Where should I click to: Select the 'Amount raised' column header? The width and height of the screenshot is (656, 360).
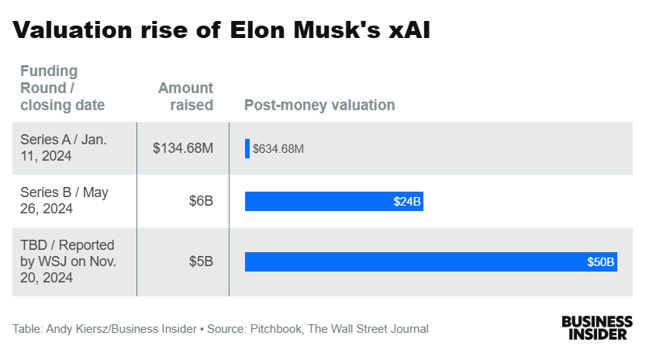[x=185, y=96]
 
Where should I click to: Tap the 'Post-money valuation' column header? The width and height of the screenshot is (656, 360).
[x=319, y=105]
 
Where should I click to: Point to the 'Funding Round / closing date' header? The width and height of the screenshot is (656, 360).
[x=62, y=88]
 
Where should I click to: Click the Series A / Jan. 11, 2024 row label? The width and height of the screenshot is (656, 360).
[x=64, y=147]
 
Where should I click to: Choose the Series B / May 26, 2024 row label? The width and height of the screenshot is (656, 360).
[x=64, y=201]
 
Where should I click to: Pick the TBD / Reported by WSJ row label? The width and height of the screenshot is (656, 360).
[x=68, y=261]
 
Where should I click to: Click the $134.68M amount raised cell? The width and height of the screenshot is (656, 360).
[x=183, y=148]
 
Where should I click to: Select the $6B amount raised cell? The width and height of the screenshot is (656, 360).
[x=200, y=201]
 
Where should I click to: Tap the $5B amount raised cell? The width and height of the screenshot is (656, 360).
[x=200, y=261]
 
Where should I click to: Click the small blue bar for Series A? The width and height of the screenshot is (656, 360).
[x=247, y=148]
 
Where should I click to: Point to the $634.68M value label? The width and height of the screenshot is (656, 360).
[x=278, y=149]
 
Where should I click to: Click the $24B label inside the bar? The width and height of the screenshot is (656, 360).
[x=407, y=202]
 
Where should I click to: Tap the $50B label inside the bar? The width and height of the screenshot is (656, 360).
[x=601, y=262]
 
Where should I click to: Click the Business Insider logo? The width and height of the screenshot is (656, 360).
[x=597, y=327]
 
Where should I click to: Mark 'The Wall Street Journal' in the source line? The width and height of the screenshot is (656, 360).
[x=368, y=329]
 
